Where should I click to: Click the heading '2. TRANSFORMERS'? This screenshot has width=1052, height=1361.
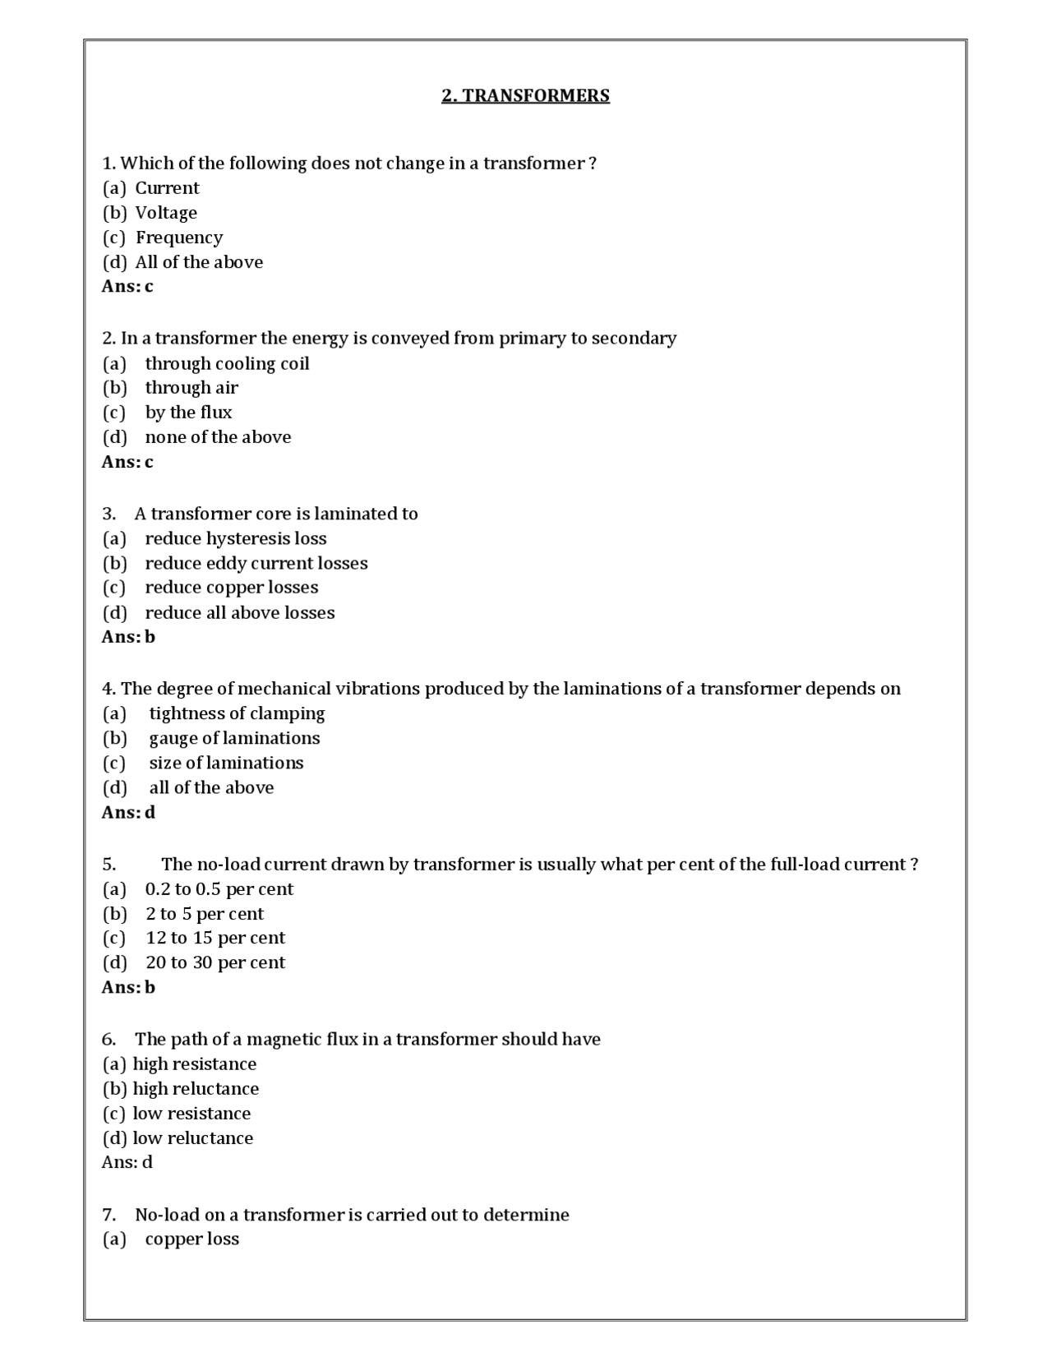525,95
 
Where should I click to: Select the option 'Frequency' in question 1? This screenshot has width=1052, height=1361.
178,238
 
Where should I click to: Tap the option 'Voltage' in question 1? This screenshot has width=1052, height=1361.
166,213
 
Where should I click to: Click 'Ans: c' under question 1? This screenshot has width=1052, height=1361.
127,286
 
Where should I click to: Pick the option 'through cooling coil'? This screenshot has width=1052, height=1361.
227,363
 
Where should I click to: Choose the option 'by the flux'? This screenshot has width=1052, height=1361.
188,413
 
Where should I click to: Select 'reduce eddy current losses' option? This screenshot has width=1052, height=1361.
256,563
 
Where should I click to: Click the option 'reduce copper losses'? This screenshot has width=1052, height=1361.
231,588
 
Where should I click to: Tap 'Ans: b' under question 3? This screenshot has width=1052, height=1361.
128,637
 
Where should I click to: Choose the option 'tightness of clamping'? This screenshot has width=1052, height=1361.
237,713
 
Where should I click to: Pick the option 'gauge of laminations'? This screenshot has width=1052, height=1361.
234,738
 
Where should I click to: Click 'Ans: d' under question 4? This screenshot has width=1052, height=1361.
128,812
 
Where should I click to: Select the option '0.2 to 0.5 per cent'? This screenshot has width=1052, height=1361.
219,889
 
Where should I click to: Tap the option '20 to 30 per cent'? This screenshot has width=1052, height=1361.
215,962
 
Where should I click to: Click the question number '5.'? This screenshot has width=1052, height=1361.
109,865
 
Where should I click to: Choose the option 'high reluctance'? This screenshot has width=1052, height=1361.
196,1089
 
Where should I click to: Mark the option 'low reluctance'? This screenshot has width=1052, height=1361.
192,1138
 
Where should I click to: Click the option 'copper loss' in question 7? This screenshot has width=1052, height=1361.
191,1239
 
